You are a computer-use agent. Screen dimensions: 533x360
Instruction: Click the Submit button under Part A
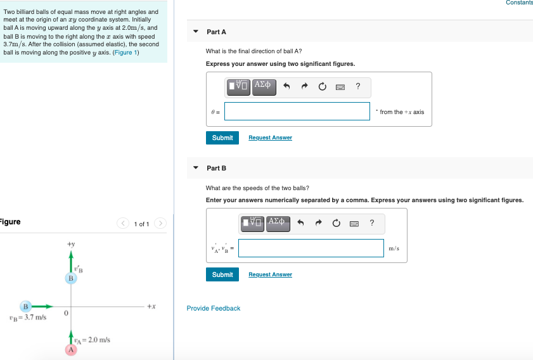[x=222, y=138]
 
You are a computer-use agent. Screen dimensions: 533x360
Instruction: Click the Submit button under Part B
[x=222, y=274]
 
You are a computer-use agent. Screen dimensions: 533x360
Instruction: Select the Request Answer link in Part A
[x=270, y=138]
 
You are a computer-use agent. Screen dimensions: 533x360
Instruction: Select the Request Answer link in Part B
[x=270, y=274]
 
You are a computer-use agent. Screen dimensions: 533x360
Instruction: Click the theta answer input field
[x=297, y=111]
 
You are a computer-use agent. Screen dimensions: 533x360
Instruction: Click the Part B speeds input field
[x=311, y=248]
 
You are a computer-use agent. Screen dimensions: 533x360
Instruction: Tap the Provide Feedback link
[x=214, y=308]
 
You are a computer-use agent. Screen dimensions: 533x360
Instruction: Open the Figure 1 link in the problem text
[x=125, y=53]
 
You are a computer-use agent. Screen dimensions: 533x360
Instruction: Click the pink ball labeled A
[x=71, y=349]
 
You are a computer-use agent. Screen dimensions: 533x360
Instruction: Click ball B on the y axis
[x=71, y=278]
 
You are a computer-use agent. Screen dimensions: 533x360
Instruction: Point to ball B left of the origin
[x=25, y=306]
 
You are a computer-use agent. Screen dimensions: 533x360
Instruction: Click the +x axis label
[x=151, y=306]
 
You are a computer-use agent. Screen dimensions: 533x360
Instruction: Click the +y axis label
[x=71, y=244]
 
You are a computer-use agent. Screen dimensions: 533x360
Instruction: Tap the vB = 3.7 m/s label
[x=28, y=318]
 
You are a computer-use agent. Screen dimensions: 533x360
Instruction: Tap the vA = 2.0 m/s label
[x=92, y=340]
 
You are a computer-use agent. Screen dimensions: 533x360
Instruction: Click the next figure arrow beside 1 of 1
[x=160, y=223]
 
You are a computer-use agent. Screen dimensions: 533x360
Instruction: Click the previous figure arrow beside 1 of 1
[x=123, y=223]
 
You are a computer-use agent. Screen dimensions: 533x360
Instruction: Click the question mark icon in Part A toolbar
[x=357, y=86]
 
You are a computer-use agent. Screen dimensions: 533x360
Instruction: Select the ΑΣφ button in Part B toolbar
[x=278, y=223]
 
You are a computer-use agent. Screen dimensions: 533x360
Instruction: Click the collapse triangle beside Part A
[x=195, y=31]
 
